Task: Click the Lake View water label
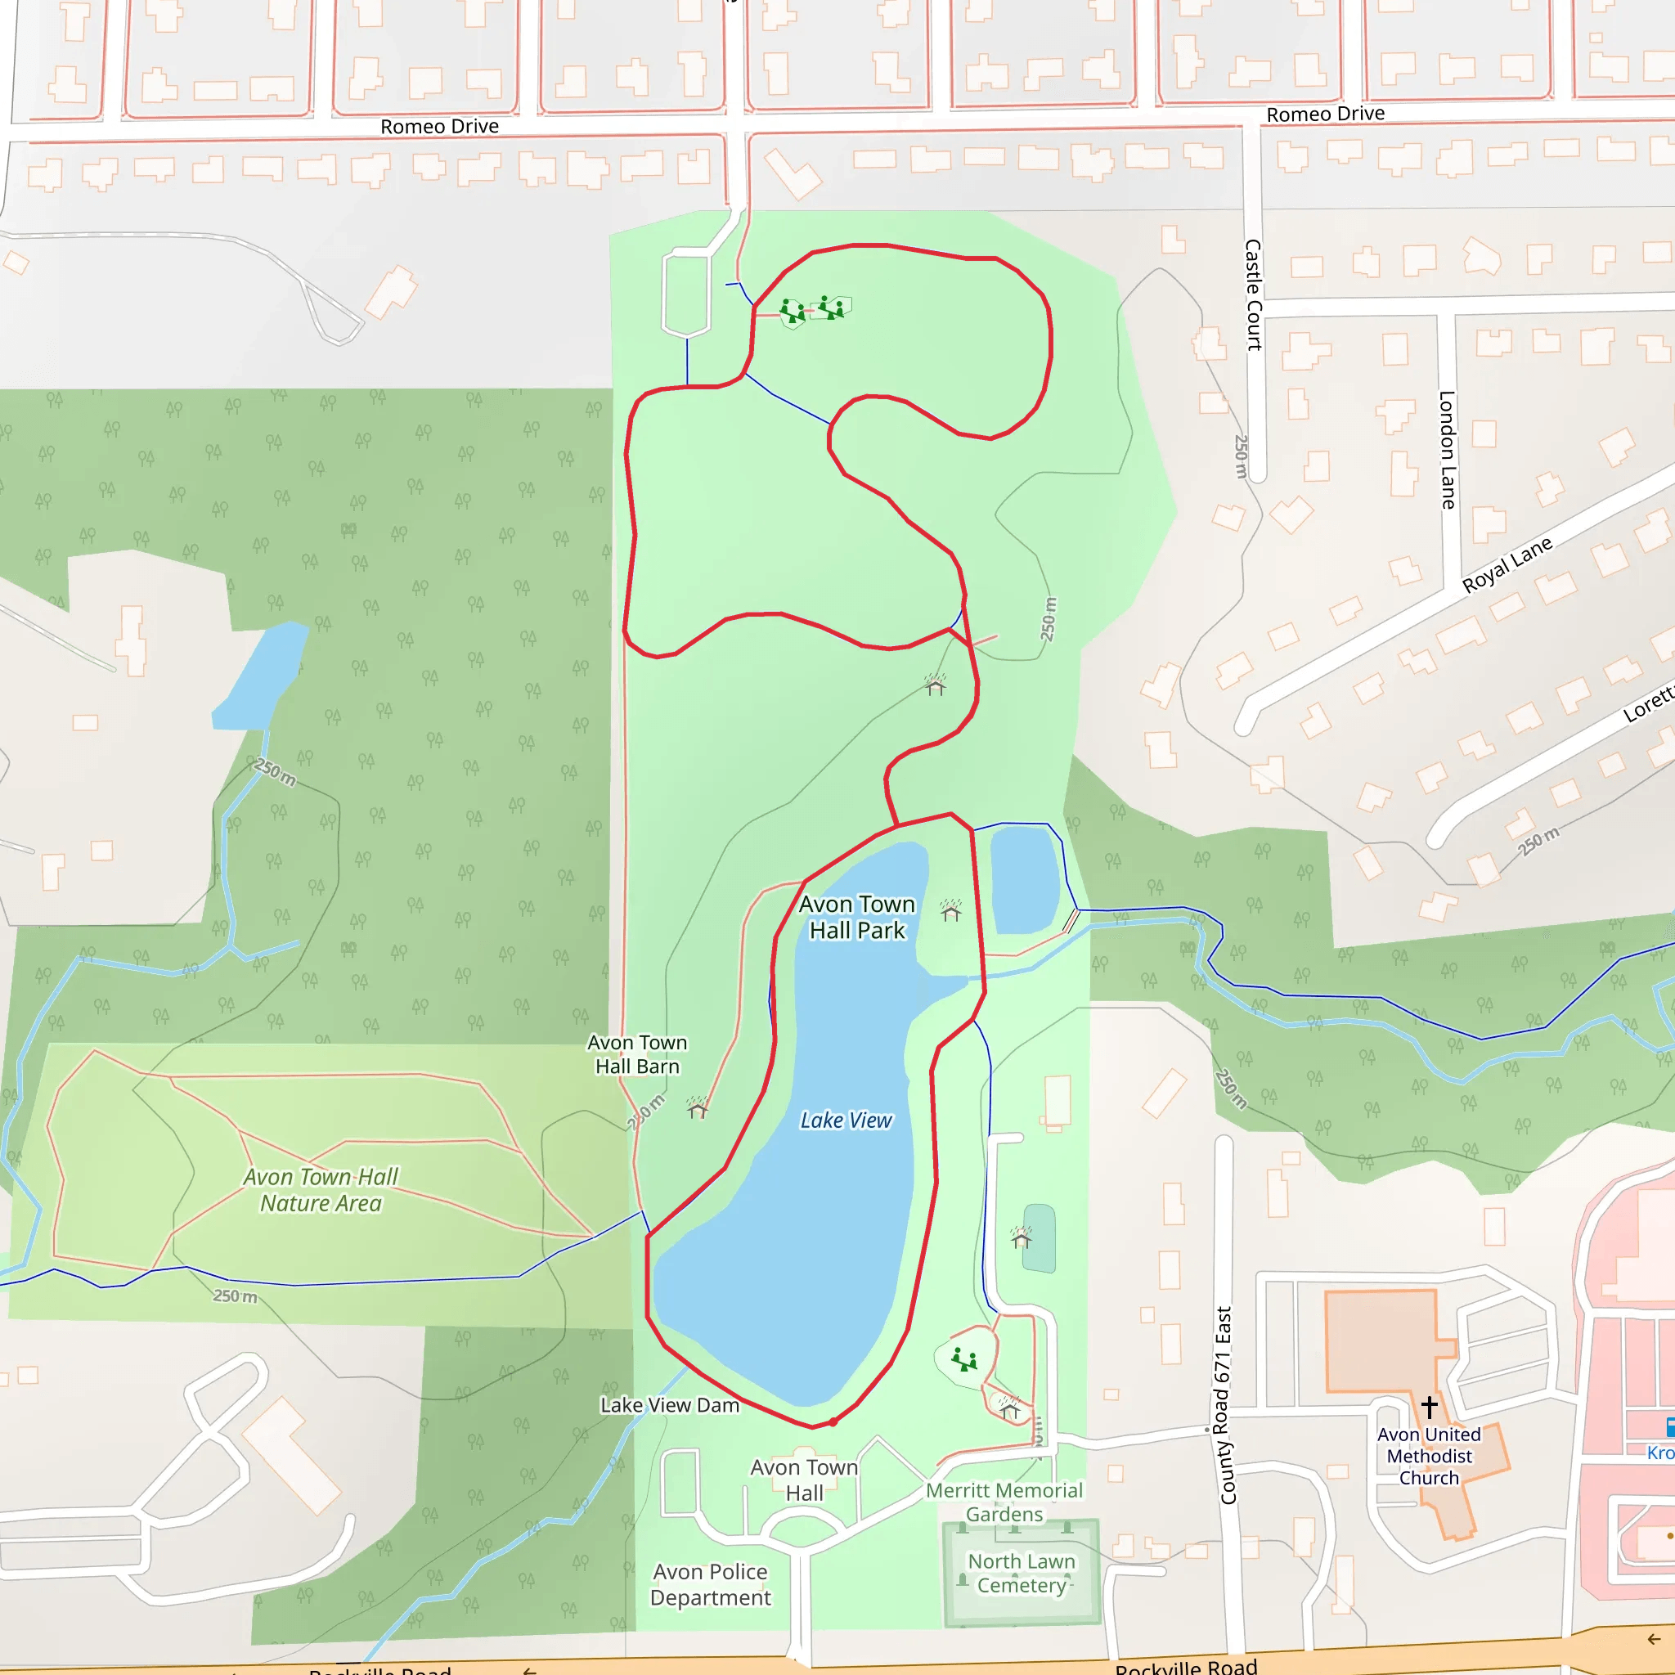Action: coord(846,1120)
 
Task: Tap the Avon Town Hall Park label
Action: coord(856,918)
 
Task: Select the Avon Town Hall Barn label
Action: coord(637,1054)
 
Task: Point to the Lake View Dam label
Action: coord(669,1404)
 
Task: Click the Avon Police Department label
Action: coord(710,1584)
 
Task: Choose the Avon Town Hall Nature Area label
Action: coord(321,1189)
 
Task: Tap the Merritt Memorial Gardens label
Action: coord(1004,1502)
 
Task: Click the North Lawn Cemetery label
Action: coord(1022,1573)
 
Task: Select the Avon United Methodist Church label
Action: coord(1429,1456)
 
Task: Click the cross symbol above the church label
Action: coord(1429,1405)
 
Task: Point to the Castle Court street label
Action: coord(1253,294)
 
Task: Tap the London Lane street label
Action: coord(1446,449)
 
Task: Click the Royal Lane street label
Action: coord(1507,565)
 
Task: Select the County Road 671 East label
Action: coord(1225,1404)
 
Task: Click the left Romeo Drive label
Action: coord(439,127)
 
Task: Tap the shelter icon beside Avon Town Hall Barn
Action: coord(698,1108)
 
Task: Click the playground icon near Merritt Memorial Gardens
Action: coord(964,1358)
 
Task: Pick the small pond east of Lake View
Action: coord(1024,878)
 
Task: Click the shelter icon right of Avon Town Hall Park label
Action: coord(951,910)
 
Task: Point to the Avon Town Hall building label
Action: coord(804,1479)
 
